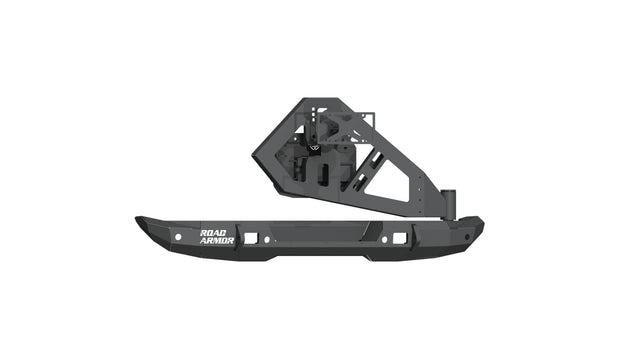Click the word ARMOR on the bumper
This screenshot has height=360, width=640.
coord(217,240)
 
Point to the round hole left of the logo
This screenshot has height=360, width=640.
coord(178,237)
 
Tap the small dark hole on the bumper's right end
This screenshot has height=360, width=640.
coord(466,238)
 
